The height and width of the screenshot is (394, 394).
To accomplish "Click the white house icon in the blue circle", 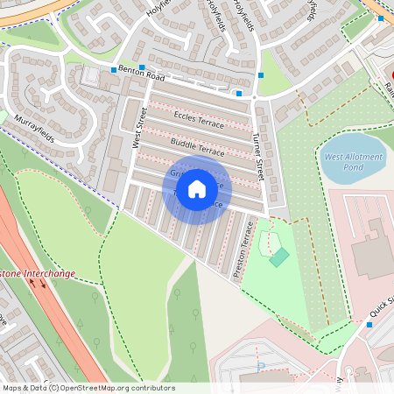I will click(x=197, y=188).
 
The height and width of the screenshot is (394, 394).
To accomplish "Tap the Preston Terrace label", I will click(x=245, y=250).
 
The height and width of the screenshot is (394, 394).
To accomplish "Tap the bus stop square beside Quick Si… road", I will click(x=369, y=325).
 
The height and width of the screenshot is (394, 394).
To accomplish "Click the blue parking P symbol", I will click(x=260, y=367).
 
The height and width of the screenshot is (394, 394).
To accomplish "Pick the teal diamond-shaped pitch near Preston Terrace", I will click(x=278, y=257).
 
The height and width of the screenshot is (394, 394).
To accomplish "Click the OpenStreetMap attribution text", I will click(x=88, y=388).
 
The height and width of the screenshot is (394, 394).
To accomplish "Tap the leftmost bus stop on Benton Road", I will click(x=113, y=69).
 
